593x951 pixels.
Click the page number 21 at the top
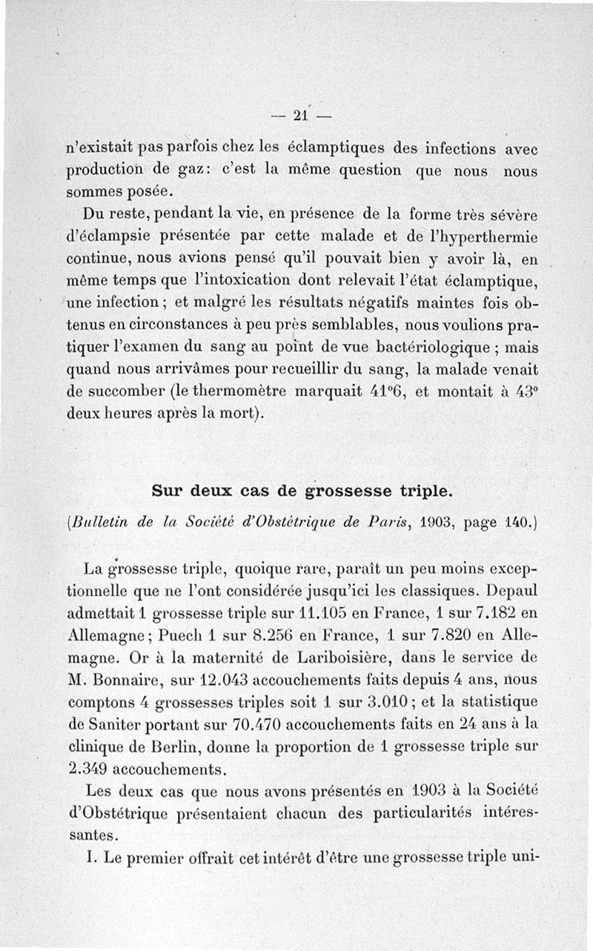point(299,116)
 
